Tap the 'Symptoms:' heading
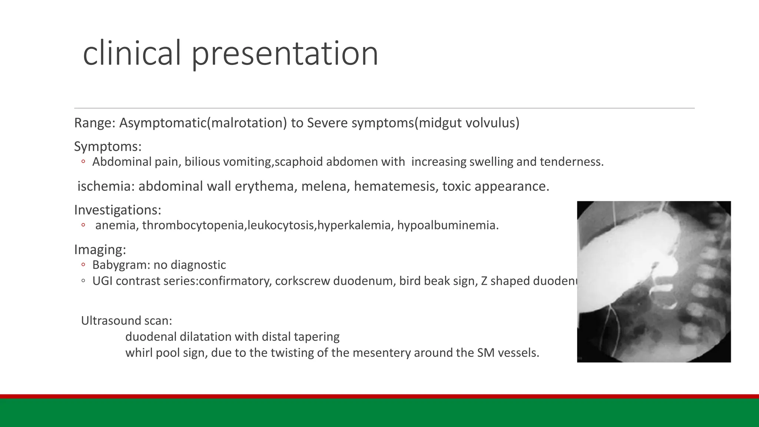pos(108,146)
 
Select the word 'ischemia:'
pos(106,186)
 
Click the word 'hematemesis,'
pos(392,186)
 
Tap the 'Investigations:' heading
pos(117,210)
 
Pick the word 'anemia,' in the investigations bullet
pos(117,225)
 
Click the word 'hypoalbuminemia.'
pos(448,225)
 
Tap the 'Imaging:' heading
pos(100,249)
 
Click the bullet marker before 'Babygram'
pos(83,265)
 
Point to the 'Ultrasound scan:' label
pos(126,321)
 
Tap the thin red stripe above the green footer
pos(379,396)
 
